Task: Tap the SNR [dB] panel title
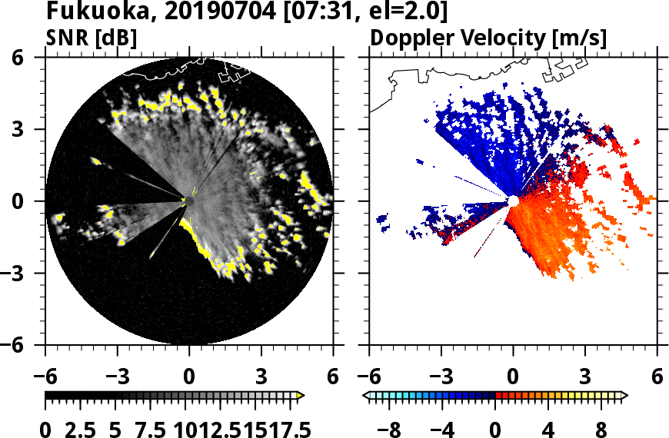pyautogui.click(x=92, y=37)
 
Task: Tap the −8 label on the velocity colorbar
pyautogui.click(x=391, y=427)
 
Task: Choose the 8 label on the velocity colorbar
pyautogui.click(x=602, y=427)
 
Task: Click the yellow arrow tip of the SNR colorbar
pyautogui.click(x=301, y=395)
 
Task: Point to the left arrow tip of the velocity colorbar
pyautogui.click(x=366, y=395)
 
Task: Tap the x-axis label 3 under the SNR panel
pyautogui.click(x=261, y=377)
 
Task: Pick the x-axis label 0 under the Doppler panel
pyautogui.click(x=513, y=377)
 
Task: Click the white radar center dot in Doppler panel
pyautogui.click(x=513, y=201)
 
